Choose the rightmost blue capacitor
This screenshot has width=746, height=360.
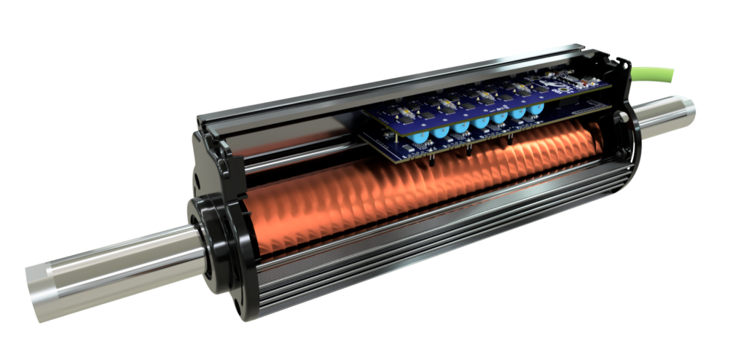pyautogui.click(x=537, y=111)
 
